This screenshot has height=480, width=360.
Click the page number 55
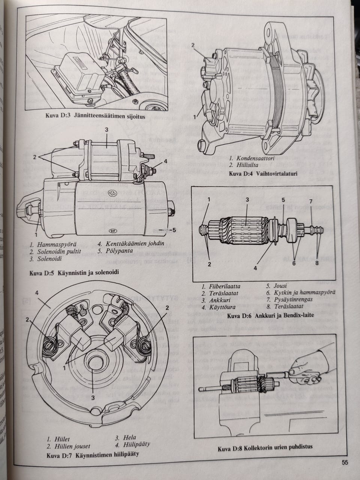point(345,462)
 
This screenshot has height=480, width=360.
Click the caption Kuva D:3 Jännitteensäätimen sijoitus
point(95,117)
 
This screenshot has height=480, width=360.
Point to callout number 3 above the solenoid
point(106,129)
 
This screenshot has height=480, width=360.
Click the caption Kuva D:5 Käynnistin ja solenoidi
point(74,273)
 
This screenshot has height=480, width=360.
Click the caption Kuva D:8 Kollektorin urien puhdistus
point(265,447)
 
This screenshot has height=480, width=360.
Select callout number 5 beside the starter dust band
point(174,230)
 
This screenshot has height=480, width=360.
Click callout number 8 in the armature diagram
point(317,263)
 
